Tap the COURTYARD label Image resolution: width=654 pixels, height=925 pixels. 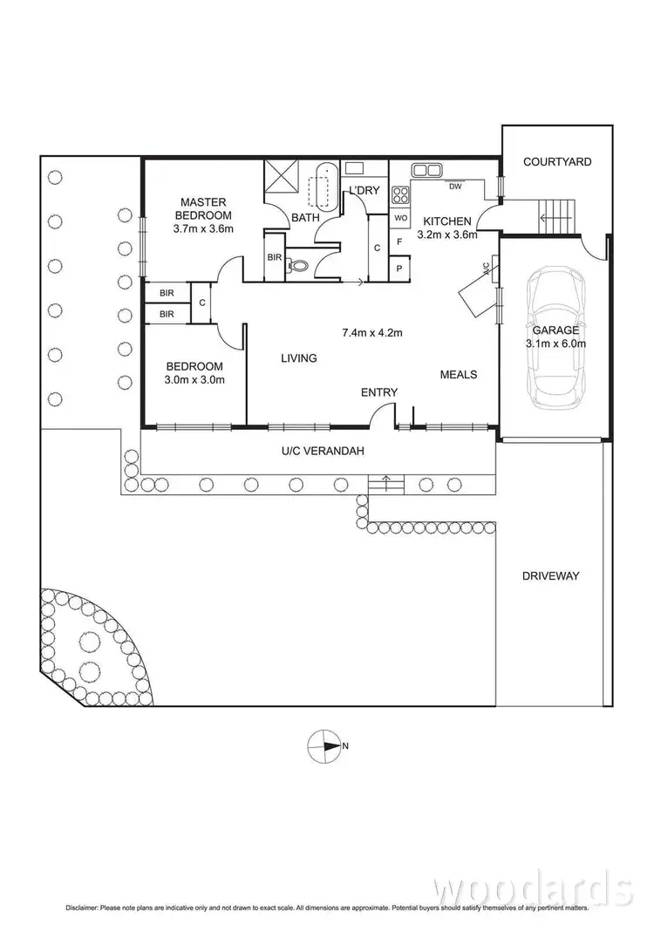tap(557, 161)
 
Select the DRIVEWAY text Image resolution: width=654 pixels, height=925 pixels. tap(550, 575)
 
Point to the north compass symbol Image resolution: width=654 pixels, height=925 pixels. tap(324, 745)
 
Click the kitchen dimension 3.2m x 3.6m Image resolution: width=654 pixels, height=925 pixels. tap(447, 235)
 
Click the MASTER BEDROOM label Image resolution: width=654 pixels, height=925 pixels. tap(203, 208)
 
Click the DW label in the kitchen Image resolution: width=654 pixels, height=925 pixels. tap(455, 186)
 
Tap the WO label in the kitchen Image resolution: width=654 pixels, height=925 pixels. tap(400, 217)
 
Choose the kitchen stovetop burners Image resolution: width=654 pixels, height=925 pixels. tap(402, 194)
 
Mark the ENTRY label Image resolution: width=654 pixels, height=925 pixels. tap(379, 392)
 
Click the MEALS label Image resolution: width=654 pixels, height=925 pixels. tap(458, 374)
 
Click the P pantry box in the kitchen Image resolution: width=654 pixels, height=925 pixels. tap(400, 269)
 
